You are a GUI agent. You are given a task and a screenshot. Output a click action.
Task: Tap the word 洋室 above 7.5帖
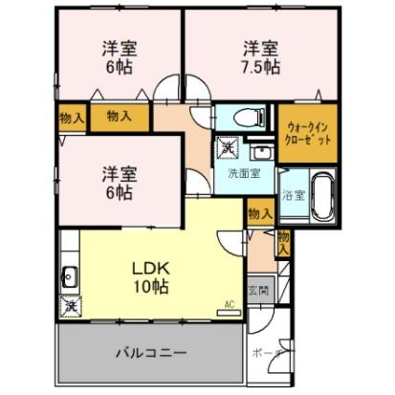pyautogui.click(x=259, y=47)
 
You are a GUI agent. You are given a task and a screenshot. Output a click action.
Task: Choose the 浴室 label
pyautogui.click(x=293, y=196)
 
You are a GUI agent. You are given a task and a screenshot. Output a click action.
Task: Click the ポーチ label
pyautogui.click(x=269, y=352)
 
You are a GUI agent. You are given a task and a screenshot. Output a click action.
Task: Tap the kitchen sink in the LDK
pyautogui.click(x=69, y=279)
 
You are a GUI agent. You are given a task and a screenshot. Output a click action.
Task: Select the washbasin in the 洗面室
pyautogui.click(x=260, y=153)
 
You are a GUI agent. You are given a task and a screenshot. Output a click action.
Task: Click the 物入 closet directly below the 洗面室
pyautogui.click(x=256, y=212)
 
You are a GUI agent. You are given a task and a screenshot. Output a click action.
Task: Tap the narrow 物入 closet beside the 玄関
pyautogui.click(x=283, y=241)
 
